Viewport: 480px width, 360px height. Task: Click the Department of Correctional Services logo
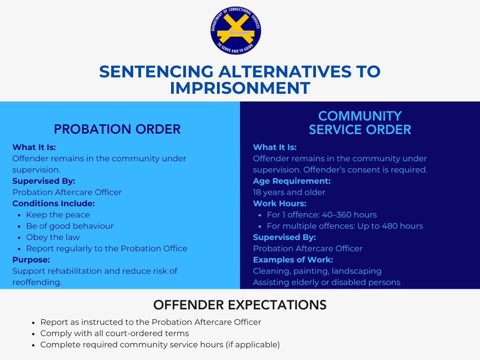[x=236, y=30]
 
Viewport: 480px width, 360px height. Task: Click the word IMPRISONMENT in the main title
[x=240, y=88]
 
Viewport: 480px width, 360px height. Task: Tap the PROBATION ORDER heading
[x=117, y=129]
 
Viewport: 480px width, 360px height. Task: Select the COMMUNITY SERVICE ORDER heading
[x=360, y=123]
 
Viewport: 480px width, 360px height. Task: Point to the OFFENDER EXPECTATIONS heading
[x=240, y=305]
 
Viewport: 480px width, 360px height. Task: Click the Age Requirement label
[x=292, y=181]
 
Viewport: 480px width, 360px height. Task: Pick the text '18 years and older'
[x=289, y=192]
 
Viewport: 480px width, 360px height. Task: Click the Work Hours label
[x=279, y=203]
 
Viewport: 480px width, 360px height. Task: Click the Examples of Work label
[x=293, y=260]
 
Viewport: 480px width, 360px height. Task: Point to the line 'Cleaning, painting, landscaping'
[x=317, y=271]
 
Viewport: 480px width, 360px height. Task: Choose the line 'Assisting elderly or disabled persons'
[x=327, y=282]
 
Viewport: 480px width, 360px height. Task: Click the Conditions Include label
[x=53, y=203]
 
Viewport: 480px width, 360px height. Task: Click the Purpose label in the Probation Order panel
[x=31, y=260]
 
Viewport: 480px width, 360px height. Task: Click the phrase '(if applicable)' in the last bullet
[x=253, y=345]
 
